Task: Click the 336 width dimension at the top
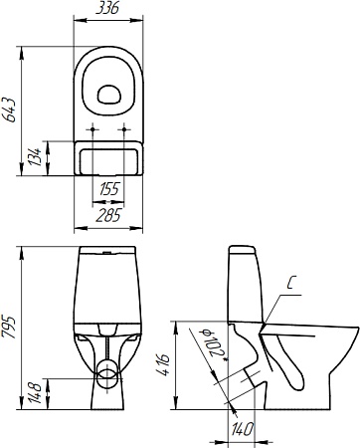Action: (x=107, y=8)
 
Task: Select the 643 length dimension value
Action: (x=9, y=110)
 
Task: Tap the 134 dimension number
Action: (x=35, y=157)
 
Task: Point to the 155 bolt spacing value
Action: (x=109, y=189)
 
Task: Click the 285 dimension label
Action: (x=108, y=216)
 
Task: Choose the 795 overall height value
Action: (x=9, y=328)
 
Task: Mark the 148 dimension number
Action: (x=35, y=393)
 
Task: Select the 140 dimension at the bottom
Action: (x=243, y=429)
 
